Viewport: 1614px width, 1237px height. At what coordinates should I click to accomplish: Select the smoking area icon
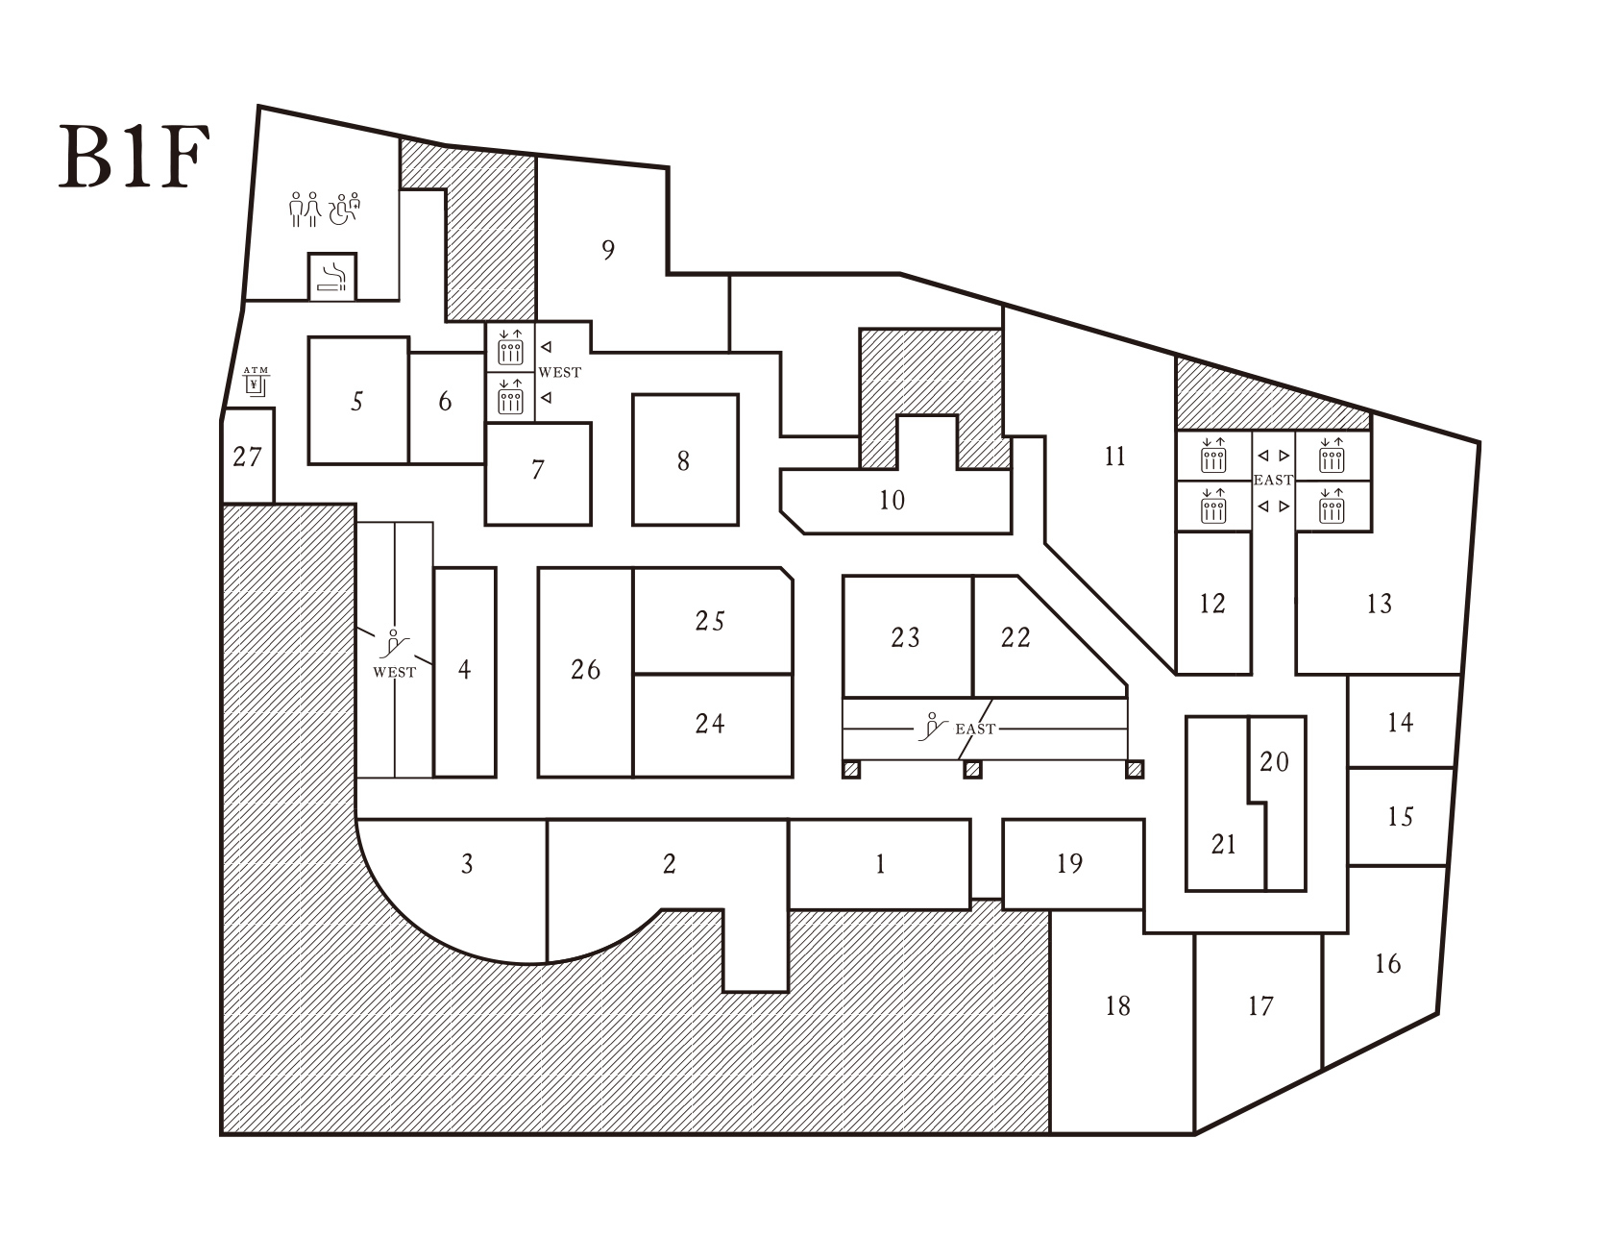(x=332, y=277)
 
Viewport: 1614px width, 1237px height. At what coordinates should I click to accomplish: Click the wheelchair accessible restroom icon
(x=345, y=209)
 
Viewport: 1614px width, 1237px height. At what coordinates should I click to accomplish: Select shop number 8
(x=683, y=461)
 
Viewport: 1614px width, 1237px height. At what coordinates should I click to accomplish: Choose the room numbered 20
(x=1275, y=762)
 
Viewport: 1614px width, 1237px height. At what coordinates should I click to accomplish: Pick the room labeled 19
(x=1069, y=864)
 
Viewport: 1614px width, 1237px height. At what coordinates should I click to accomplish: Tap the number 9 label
(x=608, y=250)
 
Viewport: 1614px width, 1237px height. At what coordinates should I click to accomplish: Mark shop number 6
(x=445, y=401)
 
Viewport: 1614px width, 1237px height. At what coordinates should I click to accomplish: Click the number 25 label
(x=710, y=621)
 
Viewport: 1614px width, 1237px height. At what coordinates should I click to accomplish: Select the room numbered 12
(x=1212, y=604)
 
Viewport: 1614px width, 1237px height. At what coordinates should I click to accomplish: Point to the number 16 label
(x=1387, y=963)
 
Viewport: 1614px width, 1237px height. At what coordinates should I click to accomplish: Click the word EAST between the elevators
(x=1274, y=480)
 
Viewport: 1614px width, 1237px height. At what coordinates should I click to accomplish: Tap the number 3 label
(x=467, y=864)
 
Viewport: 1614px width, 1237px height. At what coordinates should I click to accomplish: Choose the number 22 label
(x=1015, y=637)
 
